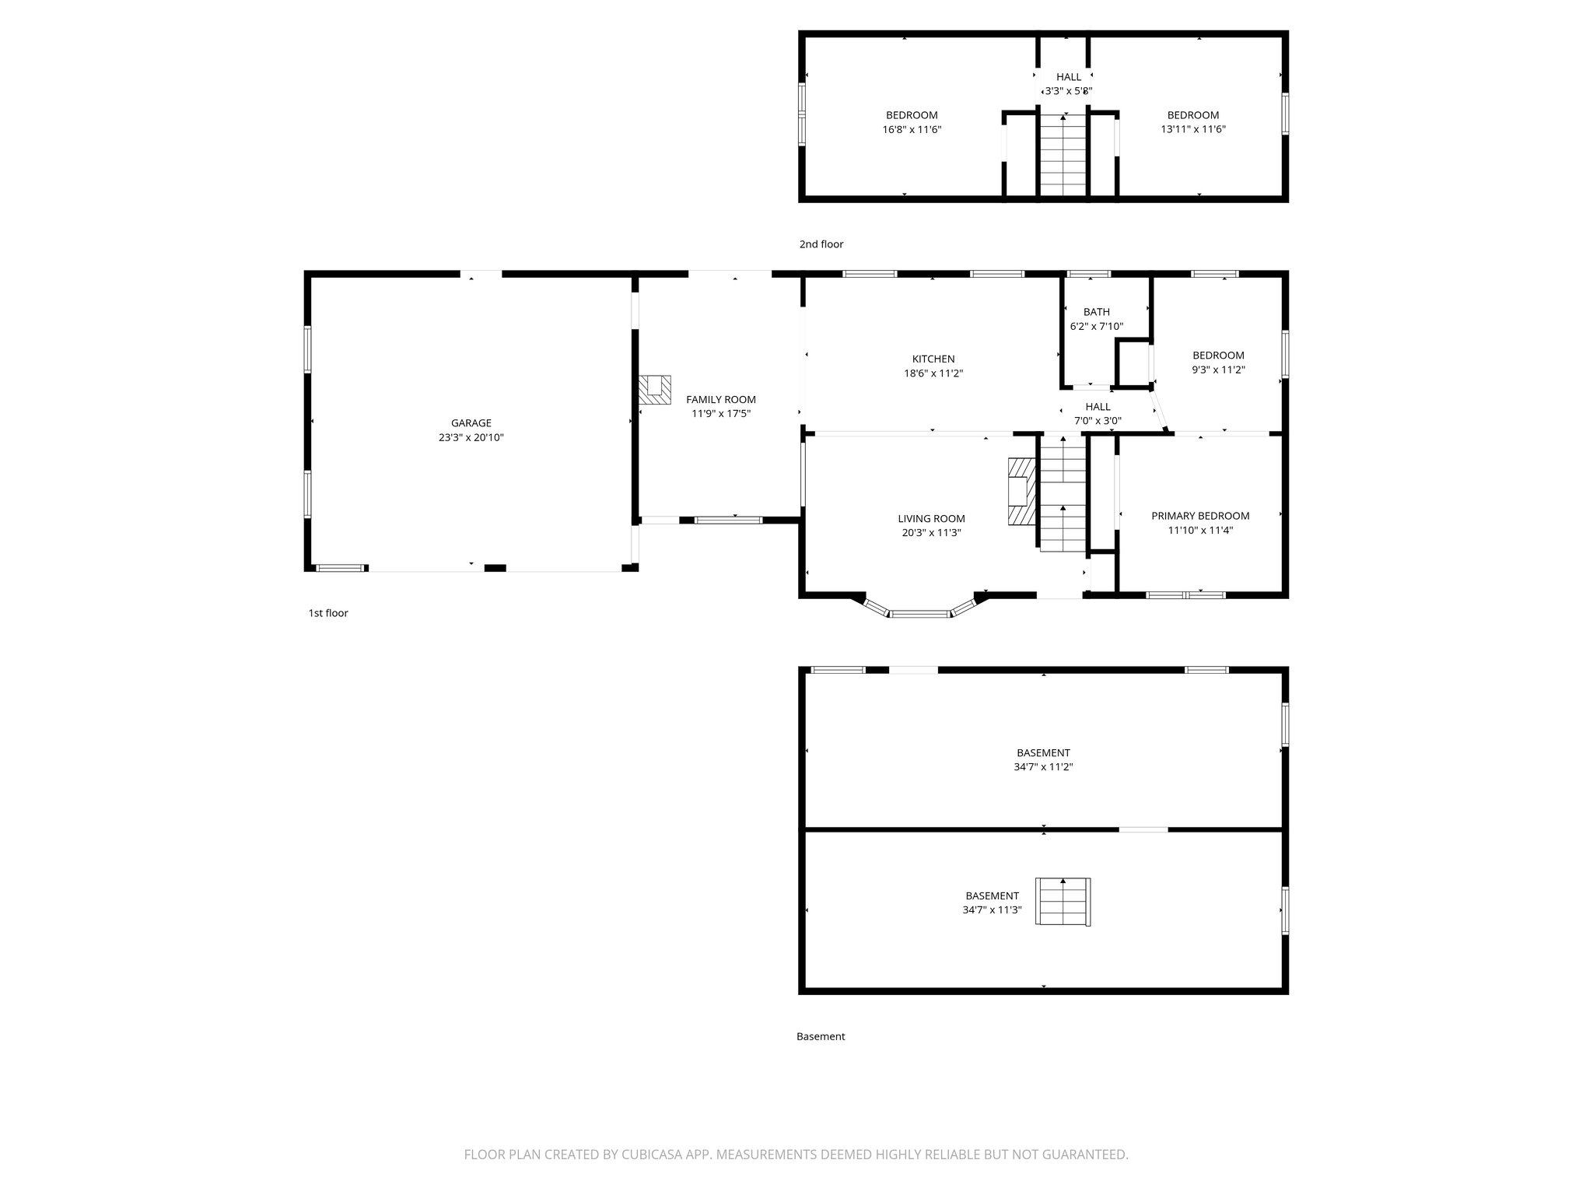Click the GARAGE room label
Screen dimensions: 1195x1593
pyautogui.click(x=471, y=423)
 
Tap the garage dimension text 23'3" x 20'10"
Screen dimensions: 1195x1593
pyautogui.click(x=471, y=438)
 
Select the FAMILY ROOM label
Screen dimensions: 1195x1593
pyautogui.click(x=720, y=399)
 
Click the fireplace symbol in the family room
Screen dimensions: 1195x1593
pyautogui.click(x=655, y=389)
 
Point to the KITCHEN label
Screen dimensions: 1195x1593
pyautogui.click(x=933, y=359)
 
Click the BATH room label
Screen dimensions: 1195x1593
pyautogui.click(x=1096, y=312)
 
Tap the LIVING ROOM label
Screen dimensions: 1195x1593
pyautogui.click(x=931, y=519)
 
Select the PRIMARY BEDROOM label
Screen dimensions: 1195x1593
pyautogui.click(x=1199, y=516)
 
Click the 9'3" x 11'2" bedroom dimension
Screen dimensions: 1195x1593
pyautogui.click(x=1218, y=370)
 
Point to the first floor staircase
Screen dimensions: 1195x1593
pyautogui.click(x=1063, y=494)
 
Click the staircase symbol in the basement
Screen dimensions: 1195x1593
pyautogui.click(x=1063, y=902)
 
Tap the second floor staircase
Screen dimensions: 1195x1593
pyautogui.click(x=1063, y=155)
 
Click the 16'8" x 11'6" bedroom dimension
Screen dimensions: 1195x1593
pyautogui.click(x=912, y=130)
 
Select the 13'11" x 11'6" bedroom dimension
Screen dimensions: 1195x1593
pyautogui.click(x=1192, y=130)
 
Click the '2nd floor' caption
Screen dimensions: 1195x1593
pyautogui.click(x=821, y=244)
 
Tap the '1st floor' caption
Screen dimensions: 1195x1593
pyautogui.click(x=327, y=613)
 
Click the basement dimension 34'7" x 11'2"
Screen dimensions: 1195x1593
pyautogui.click(x=1043, y=767)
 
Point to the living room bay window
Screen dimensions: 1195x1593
pyautogui.click(x=919, y=612)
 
